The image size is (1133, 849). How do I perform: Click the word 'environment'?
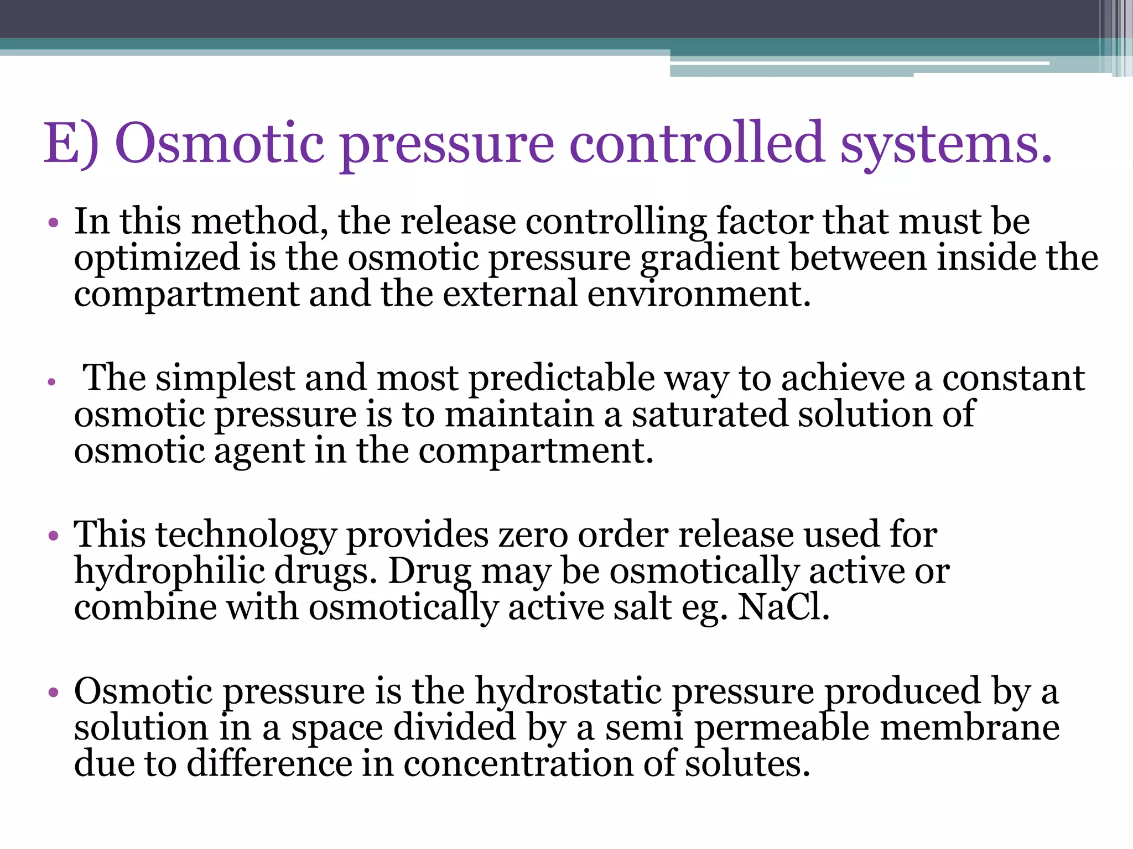point(698,294)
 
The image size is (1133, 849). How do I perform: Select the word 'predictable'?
point(562,379)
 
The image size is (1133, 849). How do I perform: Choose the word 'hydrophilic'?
point(169,572)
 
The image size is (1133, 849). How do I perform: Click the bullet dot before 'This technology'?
point(53,535)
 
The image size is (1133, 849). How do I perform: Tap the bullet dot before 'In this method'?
point(53,223)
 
